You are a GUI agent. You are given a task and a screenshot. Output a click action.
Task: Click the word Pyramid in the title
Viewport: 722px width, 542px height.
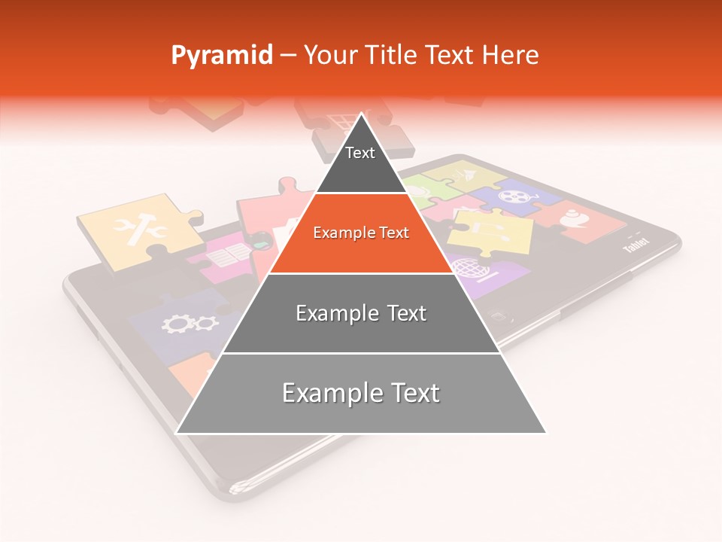(221, 56)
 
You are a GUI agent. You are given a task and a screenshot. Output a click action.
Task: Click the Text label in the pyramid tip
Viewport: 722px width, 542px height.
(360, 153)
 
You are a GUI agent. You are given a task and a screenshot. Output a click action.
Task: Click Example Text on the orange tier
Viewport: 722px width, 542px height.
(361, 233)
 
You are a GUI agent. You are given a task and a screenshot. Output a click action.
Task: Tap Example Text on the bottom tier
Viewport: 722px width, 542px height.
(361, 393)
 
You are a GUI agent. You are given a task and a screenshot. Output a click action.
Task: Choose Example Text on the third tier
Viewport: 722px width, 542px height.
(361, 313)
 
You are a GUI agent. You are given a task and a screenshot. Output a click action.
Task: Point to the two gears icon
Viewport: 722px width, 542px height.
(190, 324)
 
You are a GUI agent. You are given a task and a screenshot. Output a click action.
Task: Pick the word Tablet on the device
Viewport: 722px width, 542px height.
(636, 246)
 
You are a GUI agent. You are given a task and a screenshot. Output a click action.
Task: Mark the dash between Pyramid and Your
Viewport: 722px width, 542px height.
(287, 56)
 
